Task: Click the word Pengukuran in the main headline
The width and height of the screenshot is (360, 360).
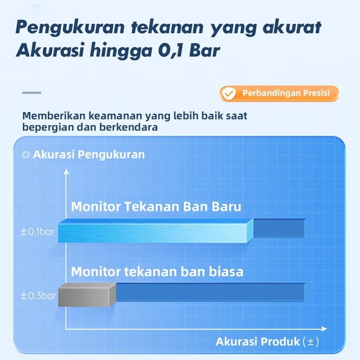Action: [70, 28]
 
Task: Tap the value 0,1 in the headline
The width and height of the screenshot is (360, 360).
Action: [170, 50]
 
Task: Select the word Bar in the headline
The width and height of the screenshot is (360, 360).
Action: [205, 50]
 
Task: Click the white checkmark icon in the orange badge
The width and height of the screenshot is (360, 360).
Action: [229, 93]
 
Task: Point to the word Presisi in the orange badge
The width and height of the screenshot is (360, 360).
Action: [316, 93]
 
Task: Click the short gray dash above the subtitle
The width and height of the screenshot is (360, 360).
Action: [32, 93]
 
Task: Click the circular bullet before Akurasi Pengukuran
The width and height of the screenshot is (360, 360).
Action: [25, 155]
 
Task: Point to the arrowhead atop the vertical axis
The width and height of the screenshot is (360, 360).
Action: [66, 172]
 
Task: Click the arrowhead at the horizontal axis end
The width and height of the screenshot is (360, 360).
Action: [324, 329]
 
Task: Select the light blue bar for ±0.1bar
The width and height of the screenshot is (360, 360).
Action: [156, 231]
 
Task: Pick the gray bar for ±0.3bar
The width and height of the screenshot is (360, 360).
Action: [87, 295]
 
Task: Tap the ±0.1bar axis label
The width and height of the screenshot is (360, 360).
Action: [38, 232]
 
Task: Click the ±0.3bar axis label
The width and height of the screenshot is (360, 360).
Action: [38, 296]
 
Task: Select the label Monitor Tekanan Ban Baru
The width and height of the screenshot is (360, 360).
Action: [156, 206]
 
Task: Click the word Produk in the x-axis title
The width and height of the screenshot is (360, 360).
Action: [280, 342]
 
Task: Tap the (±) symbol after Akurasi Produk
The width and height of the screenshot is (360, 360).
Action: [310, 342]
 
